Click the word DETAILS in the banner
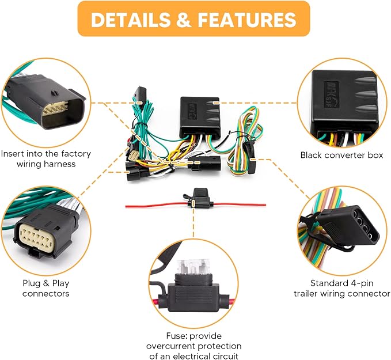pyautogui.click(x=134, y=20)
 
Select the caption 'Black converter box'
pyautogui.click(x=341, y=155)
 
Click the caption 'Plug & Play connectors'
pyautogui.click(x=46, y=288)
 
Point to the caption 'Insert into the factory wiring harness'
pyautogui.click(x=46, y=159)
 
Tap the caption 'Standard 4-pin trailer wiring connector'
pyautogui.click(x=350, y=288)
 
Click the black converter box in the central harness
pyautogui.click(x=199, y=109)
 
